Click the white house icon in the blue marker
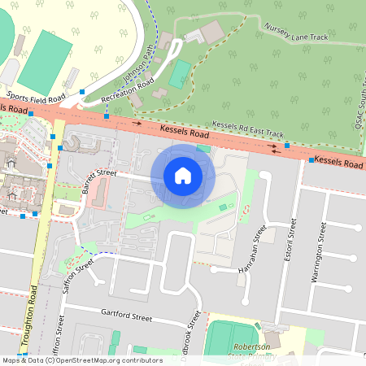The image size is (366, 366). (x=183, y=175)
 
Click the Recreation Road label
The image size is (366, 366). (x=129, y=91)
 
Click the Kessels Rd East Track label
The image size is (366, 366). (x=247, y=129)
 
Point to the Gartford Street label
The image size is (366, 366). (x=126, y=315)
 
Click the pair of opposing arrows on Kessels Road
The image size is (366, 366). (x=278, y=150)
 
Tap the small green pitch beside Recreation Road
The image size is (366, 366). (x=180, y=74)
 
